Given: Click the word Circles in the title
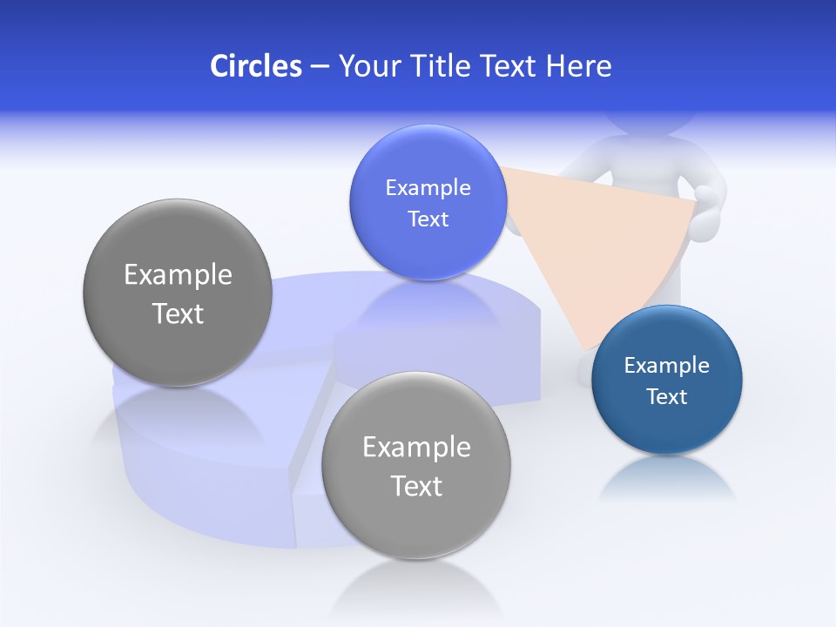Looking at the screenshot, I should pyautogui.click(x=255, y=66).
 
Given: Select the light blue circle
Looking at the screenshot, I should pyautogui.click(x=428, y=202).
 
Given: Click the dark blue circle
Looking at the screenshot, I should pyautogui.click(x=666, y=380).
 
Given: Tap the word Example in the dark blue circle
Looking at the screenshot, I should pyautogui.click(x=666, y=365).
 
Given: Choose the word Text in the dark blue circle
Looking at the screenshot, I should pyautogui.click(x=666, y=397).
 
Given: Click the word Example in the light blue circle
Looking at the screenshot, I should pyautogui.click(x=428, y=187).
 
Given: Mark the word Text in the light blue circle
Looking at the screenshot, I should pyautogui.click(x=428, y=219).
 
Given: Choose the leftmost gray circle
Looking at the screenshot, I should pyautogui.click(x=178, y=293).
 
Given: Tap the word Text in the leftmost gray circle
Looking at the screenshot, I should pyautogui.click(x=178, y=313).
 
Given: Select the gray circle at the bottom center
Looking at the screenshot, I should pyautogui.click(x=416, y=465).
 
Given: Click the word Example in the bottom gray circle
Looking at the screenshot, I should pyautogui.click(x=416, y=447).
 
